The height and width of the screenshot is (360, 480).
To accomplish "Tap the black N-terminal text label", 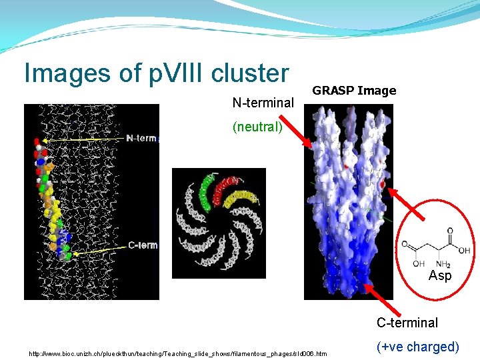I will pos(263,103).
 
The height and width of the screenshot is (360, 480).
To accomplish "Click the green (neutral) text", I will pos(257,127).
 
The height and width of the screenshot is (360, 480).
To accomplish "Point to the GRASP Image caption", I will pos(354,91).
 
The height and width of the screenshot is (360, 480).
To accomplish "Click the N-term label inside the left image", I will pos(141,138).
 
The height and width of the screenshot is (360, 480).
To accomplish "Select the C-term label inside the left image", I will pos(142,245).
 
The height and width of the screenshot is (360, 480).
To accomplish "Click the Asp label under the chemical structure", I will pos(439,275).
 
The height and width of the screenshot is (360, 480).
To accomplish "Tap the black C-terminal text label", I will pos(407,323).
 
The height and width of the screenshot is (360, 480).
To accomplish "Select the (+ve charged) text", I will pos(417,347).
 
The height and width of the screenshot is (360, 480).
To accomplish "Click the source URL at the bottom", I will pos(177,352).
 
